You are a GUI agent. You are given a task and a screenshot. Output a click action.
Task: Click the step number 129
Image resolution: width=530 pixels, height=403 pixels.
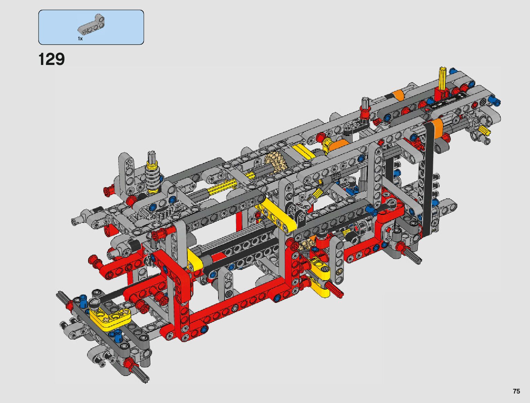pyautogui.click(x=51, y=59)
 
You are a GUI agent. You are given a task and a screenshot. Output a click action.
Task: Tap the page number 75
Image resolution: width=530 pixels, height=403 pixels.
pyautogui.click(x=516, y=391)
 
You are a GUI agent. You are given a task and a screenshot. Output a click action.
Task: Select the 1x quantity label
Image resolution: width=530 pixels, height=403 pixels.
pyautogui.click(x=80, y=39)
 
